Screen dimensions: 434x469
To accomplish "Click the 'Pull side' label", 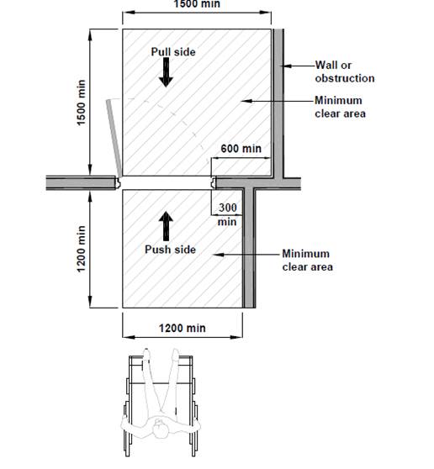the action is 173,52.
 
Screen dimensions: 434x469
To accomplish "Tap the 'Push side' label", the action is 170,250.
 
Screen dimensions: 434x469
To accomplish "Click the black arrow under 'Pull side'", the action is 166,72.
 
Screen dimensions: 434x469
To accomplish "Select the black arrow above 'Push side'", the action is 166,226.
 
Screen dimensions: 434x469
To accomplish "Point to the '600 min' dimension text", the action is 241,149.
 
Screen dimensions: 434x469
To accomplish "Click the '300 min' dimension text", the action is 227,214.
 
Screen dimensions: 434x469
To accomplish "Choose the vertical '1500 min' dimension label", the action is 81,103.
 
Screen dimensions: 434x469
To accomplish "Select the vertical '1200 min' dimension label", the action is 81,249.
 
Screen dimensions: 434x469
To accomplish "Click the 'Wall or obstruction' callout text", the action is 345,71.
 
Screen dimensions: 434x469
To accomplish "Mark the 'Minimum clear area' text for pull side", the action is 340,107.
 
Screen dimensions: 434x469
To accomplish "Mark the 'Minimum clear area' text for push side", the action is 307,261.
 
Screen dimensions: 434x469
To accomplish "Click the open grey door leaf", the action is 114,138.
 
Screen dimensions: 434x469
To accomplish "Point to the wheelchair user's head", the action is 161,429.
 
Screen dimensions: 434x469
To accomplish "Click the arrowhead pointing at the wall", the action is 287,66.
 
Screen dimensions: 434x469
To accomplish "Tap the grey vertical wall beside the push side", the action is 249,248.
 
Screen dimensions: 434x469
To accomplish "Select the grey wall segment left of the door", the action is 81,182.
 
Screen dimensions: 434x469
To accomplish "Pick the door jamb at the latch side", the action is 213,182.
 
